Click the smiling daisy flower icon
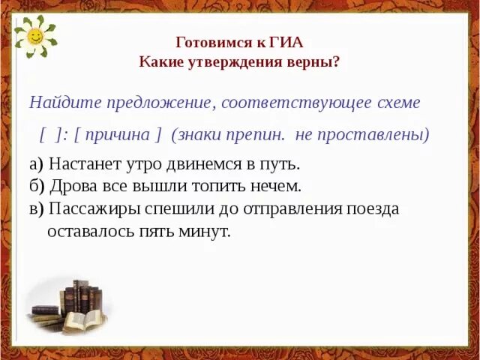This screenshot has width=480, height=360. tap(34, 37)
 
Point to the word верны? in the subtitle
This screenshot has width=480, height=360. tap(316, 61)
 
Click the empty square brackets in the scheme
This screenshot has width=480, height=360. tap(49, 135)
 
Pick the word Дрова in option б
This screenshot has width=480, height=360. tap(70, 186)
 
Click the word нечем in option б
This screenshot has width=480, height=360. tap(277, 186)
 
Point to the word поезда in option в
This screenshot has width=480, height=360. tap(372, 208)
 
